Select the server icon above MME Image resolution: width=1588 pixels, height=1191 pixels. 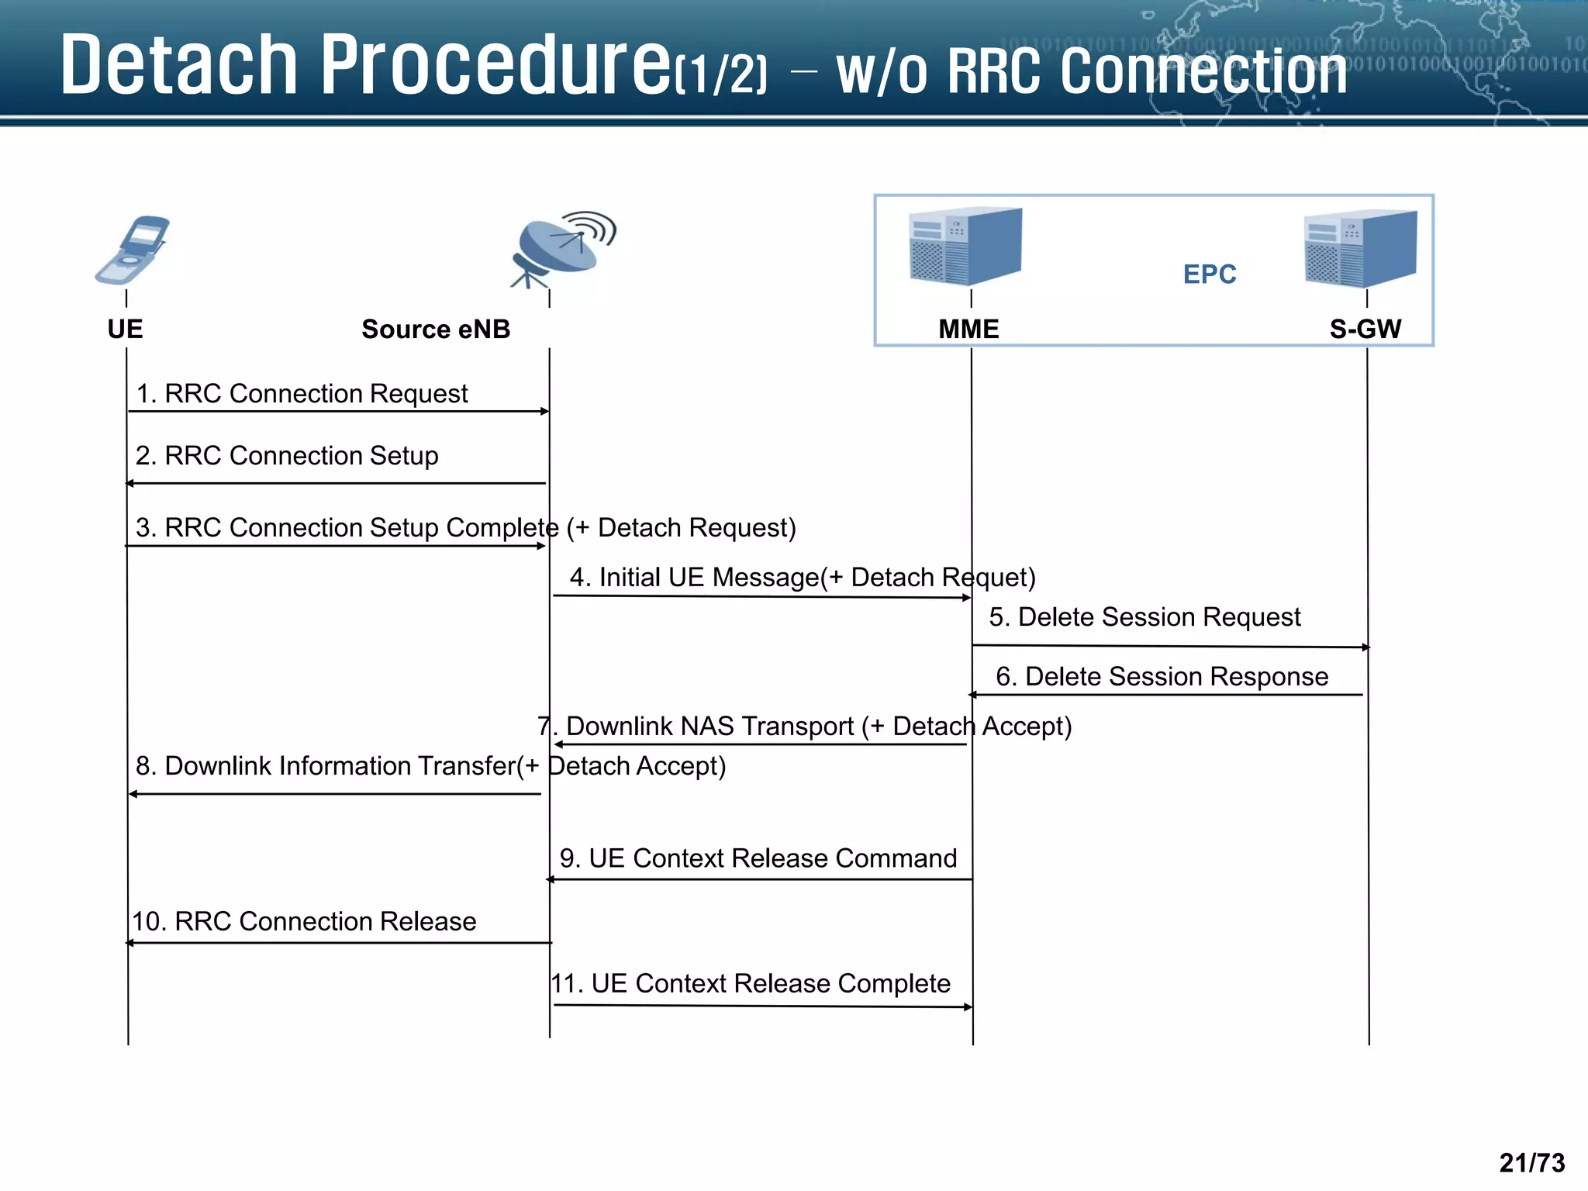click(x=965, y=246)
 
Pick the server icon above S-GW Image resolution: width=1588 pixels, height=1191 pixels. click(x=1361, y=248)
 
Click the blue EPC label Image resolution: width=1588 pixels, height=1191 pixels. click(x=1209, y=274)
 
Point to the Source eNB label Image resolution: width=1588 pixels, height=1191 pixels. click(x=436, y=330)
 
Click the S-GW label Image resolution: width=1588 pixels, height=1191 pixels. click(x=1365, y=330)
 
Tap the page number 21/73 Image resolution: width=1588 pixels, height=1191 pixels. click(x=1531, y=1162)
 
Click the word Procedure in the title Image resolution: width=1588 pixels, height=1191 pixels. click(x=496, y=66)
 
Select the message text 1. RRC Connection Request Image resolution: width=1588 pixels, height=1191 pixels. click(x=302, y=394)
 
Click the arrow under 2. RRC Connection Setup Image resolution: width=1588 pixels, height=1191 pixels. click(x=336, y=483)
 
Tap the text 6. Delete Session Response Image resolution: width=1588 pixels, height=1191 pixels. click(x=1162, y=677)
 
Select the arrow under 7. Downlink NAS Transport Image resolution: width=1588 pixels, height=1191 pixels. click(x=760, y=744)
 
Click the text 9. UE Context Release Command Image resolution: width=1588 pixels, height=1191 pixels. click(x=758, y=858)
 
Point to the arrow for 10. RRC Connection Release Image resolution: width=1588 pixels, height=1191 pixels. click(x=339, y=943)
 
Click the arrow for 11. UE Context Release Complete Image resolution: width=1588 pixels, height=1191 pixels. click(x=762, y=1006)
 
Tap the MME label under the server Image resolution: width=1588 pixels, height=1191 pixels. click(x=968, y=330)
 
